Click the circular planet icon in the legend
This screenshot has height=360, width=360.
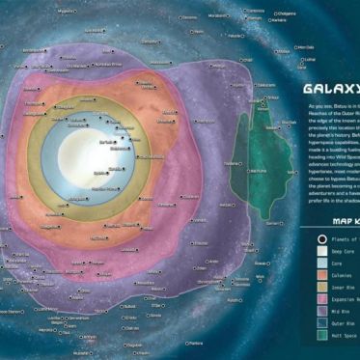pos(321,237)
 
